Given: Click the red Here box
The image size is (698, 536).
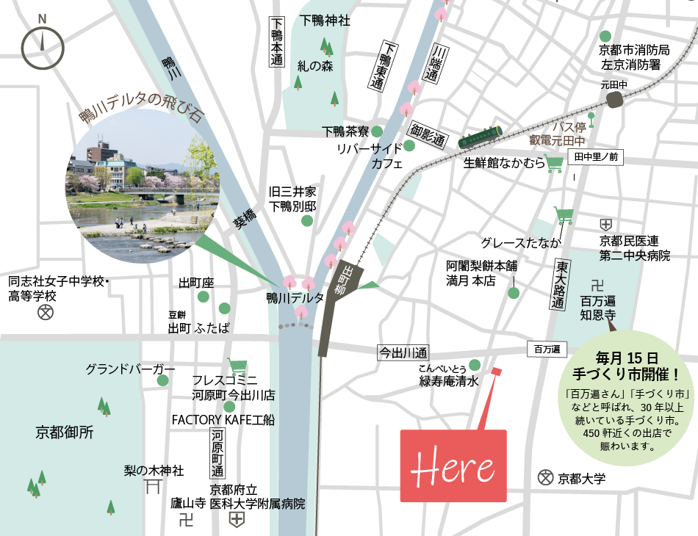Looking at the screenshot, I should click(x=453, y=466).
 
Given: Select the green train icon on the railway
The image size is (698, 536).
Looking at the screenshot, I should click(x=481, y=137).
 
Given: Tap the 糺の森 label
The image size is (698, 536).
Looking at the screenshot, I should click(x=315, y=65).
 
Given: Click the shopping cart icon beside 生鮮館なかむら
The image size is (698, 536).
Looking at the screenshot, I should click(x=555, y=163).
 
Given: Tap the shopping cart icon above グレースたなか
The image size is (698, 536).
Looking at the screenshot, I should click(x=564, y=215).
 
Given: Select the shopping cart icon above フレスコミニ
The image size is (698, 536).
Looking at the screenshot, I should click(x=237, y=365).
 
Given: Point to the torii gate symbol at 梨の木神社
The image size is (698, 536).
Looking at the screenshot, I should click(x=153, y=487).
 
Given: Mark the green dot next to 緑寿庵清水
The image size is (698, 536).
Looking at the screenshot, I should click(x=475, y=365).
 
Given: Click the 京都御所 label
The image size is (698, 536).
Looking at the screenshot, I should click(x=65, y=432).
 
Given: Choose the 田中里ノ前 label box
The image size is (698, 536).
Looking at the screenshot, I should click(x=596, y=156).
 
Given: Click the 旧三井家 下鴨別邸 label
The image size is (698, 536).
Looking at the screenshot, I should click(x=292, y=198).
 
